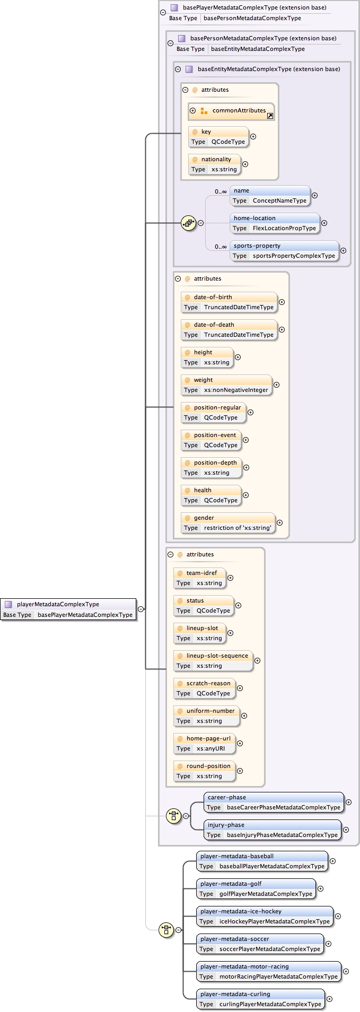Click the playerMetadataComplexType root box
pos(68,609)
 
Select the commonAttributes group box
pos(231,111)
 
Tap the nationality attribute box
pos(214,164)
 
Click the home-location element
pos(275,223)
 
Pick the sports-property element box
pos(284,251)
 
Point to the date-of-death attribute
pos(229,330)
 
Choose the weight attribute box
pos(226,385)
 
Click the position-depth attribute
pos(211,468)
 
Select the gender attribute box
pos(227,523)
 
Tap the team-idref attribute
pos(199,578)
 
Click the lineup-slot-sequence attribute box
pos(213,661)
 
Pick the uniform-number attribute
pos(206,716)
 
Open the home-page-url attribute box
pos(204,744)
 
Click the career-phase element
pos(274,802)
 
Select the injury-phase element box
pos(273,830)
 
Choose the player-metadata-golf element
pos(256,889)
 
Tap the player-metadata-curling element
pos(260,999)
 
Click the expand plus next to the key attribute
pos(253,137)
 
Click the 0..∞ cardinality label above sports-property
pos(221,247)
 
